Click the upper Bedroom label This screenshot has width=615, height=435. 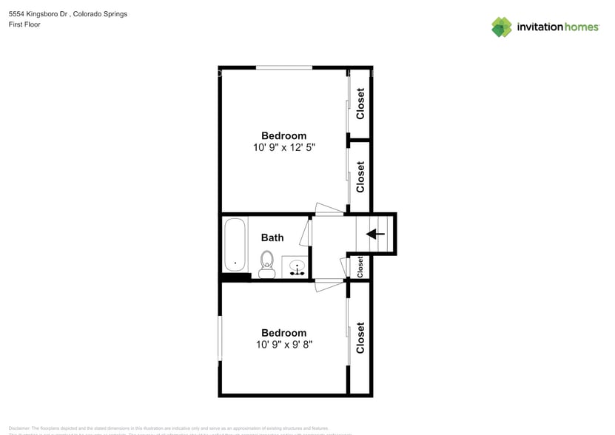[283, 136]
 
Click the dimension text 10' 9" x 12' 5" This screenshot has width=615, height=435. [283, 148]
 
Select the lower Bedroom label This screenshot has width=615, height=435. [283, 334]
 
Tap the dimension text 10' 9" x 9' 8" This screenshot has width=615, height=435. [283, 345]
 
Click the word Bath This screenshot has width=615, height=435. [272, 238]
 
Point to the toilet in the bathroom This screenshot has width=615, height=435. [267, 263]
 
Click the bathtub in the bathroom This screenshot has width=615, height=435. [235, 245]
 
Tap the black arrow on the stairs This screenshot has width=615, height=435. [376, 235]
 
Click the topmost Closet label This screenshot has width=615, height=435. [360, 104]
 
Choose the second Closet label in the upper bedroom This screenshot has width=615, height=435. [360, 177]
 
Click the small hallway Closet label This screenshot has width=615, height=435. [360, 266]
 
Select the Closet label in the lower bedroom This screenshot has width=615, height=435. [360, 338]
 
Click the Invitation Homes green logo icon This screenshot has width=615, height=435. [502, 27]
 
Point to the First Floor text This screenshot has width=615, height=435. [24, 24]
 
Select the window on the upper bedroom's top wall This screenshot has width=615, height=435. [283, 68]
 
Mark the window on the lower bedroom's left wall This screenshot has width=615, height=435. [219, 339]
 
